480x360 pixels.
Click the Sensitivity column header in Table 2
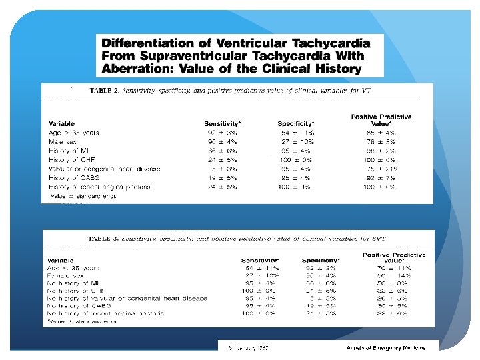[x=223, y=123]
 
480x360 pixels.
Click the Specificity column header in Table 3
[x=321, y=260]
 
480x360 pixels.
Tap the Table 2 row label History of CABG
[x=73, y=178]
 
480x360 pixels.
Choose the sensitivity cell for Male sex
[x=223, y=141]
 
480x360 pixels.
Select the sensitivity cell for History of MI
[x=223, y=151]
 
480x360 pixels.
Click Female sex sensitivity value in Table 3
[x=262, y=275]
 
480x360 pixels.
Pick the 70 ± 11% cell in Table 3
[x=394, y=267]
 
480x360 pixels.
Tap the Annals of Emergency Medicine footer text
[x=386, y=348]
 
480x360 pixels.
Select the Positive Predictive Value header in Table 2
[x=381, y=120]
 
